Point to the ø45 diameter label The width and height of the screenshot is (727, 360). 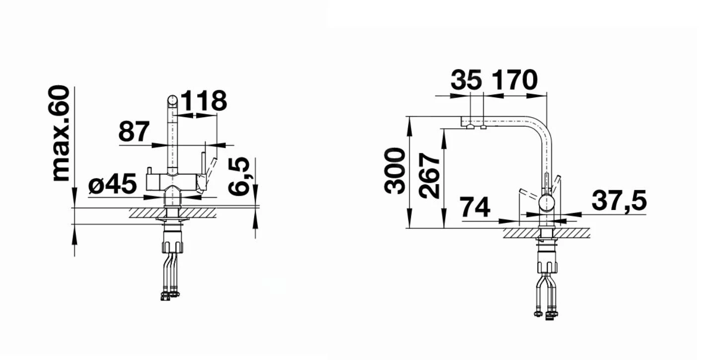(x=112, y=185)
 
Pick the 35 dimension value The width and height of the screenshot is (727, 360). (x=467, y=80)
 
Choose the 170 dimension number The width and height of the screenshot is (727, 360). (x=514, y=80)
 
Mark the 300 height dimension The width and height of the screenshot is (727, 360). (x=396, y=170)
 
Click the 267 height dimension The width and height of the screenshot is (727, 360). (x=430, y=176)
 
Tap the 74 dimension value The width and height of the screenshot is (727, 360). (x=475, y=208)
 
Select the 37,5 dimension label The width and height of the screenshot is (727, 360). (x=619, y=201)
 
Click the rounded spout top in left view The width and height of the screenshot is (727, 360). (x=172, y=101)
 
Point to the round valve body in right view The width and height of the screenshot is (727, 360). (x=547, y=203)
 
